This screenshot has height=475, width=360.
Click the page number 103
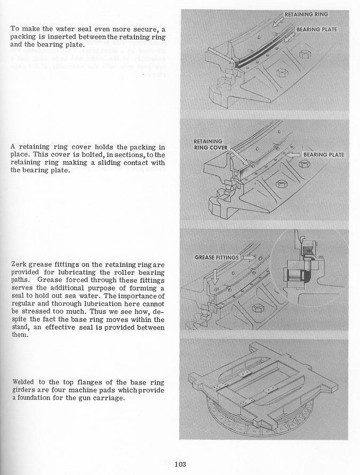(x=180, y=464)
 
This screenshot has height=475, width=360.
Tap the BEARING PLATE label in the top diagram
(x=316, y=30)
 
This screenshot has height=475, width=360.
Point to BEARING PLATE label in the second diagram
(x=324, y=155)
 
